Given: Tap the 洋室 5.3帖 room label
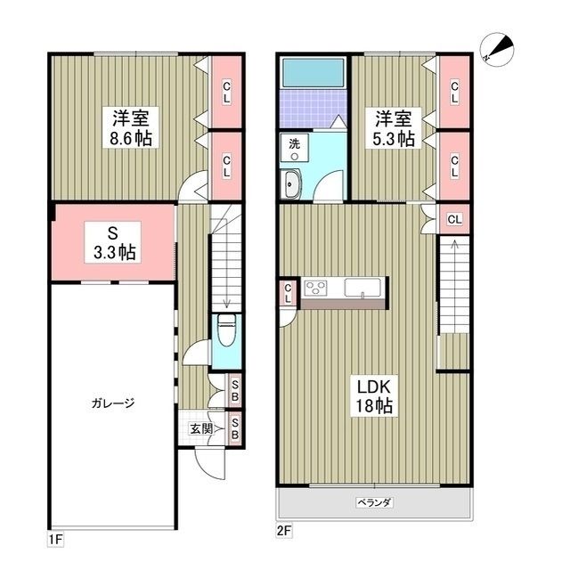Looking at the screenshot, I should point(393,127).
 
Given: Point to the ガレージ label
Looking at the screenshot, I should point(112,403).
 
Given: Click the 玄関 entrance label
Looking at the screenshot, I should point(200,428).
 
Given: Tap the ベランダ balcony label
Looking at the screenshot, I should point(375,502).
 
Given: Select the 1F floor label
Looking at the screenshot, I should point(56,538).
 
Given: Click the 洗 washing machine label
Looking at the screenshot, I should point(294,143).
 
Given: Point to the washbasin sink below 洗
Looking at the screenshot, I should point(293,183).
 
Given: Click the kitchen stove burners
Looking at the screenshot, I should point(316,288).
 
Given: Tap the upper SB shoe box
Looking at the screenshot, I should point(234,388).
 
